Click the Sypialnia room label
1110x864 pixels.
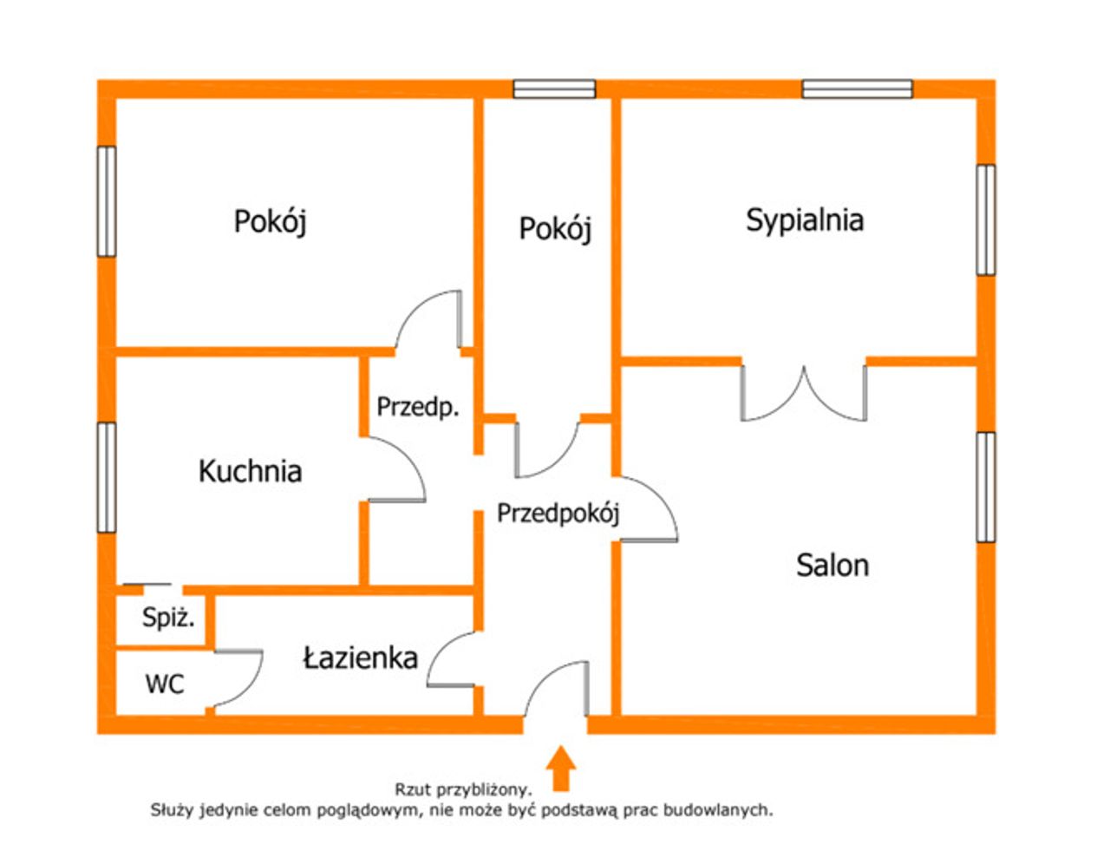(805, 221)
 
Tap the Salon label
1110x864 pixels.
(832, 566)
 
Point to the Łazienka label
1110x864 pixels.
(361, 658)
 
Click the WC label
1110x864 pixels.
(165, 684)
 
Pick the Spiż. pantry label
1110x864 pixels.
(168, 618)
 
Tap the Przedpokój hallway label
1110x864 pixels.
(558, 514)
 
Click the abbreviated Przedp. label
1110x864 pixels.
(417, 407)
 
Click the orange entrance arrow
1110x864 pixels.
(561, 768)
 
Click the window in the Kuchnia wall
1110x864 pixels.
(107, 477)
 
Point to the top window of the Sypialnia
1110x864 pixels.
(857, 88)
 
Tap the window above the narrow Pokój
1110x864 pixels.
(554, 88)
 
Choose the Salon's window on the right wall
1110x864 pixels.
(986, 487)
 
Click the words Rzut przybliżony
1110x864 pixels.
(463, 790)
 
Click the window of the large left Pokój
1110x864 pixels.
(107, 201)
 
